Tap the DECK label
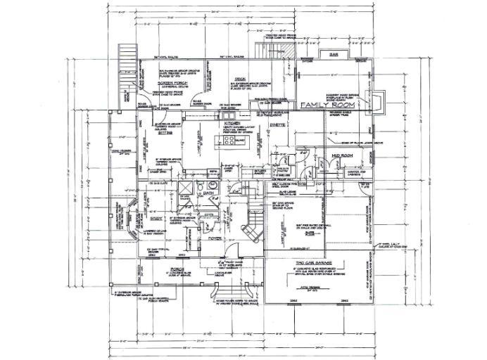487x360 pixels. point(239,80)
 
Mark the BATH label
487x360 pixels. point(208,191)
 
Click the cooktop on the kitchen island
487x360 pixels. point(229,141)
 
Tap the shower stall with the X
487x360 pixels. point(186,191)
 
